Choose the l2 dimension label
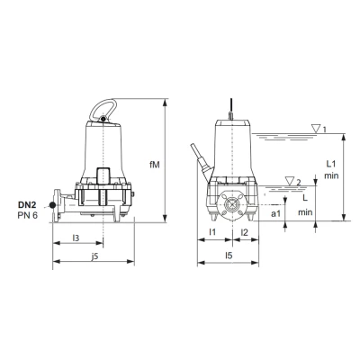(x=245, y=233)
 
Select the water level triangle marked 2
(x=288, y=181)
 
